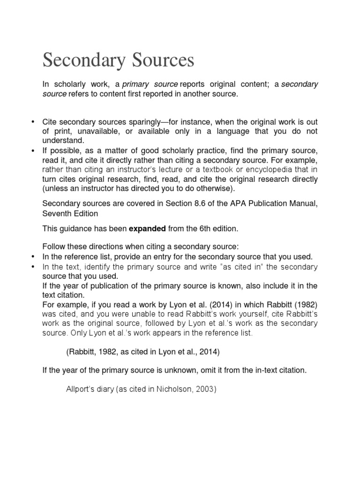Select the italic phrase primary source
click(x=150, y=84)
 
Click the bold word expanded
click(x=147, y=229)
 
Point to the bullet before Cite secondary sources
click(x=33, y=122)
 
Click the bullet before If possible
click(x=33, y=150)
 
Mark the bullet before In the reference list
click(x=33, y=256)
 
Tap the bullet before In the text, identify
click(x=33, y=266)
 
